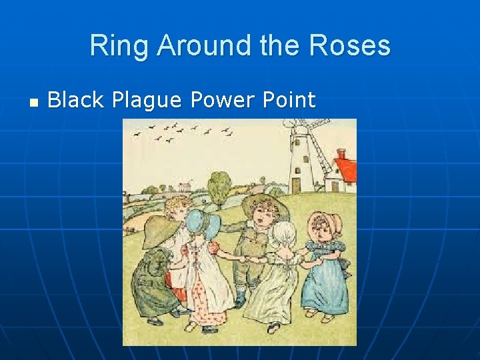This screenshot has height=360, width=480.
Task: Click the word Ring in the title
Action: point(113,46)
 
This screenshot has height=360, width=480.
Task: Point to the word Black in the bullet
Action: point(76,100)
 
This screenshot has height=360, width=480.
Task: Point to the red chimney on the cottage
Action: point(341,154)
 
